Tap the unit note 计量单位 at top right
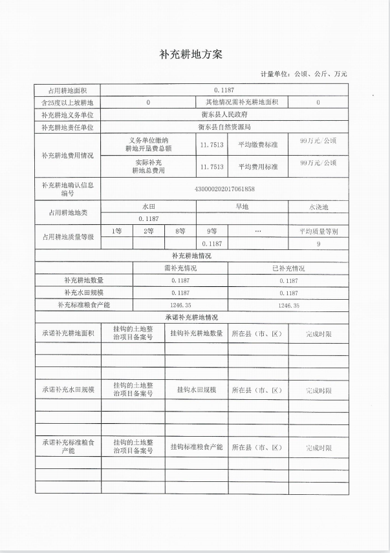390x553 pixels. (303, 74)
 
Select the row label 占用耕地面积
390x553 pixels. (67, 90)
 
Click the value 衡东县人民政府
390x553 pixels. (224, 114)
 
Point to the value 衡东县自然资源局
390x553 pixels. (224, 127)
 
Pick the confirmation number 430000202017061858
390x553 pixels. (224, 189)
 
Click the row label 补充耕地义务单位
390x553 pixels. (67, 114)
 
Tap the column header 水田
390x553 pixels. (149, 207)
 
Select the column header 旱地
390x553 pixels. (242, 207)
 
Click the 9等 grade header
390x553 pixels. (211, 231)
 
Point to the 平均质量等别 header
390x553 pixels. (318, 231)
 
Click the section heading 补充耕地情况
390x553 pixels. (191, 256)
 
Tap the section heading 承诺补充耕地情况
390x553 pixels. (191, 318)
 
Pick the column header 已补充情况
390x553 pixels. (288, 268)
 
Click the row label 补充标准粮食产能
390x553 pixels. (84, 305)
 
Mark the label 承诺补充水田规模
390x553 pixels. (68, 390)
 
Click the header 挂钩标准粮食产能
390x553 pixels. (197, 447)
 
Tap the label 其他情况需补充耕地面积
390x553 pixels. (241, 102)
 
